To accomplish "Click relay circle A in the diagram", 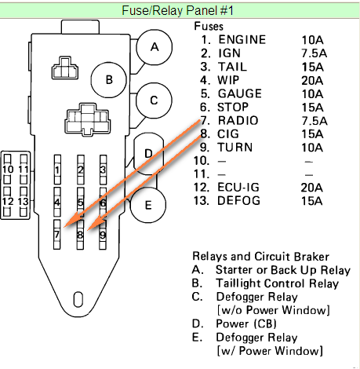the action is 155,47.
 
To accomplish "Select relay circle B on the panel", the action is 109,80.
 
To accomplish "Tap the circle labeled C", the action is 154,100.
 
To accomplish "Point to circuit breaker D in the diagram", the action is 148,154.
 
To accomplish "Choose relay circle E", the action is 148,205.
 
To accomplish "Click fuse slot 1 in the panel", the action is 57,170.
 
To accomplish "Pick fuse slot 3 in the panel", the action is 103,170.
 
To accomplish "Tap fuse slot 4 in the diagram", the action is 57,203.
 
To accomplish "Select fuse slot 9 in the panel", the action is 103,235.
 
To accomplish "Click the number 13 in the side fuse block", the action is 23,201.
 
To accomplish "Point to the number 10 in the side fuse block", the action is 8,169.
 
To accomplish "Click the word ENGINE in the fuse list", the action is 242,40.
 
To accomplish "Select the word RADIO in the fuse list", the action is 238,120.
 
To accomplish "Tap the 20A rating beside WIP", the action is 312,80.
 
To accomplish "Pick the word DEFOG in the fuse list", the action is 238,201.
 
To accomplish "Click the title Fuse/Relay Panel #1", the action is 177,11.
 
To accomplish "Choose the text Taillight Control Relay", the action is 277,283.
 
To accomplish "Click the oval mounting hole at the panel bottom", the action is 78,299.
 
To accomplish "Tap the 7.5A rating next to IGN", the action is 314,53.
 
